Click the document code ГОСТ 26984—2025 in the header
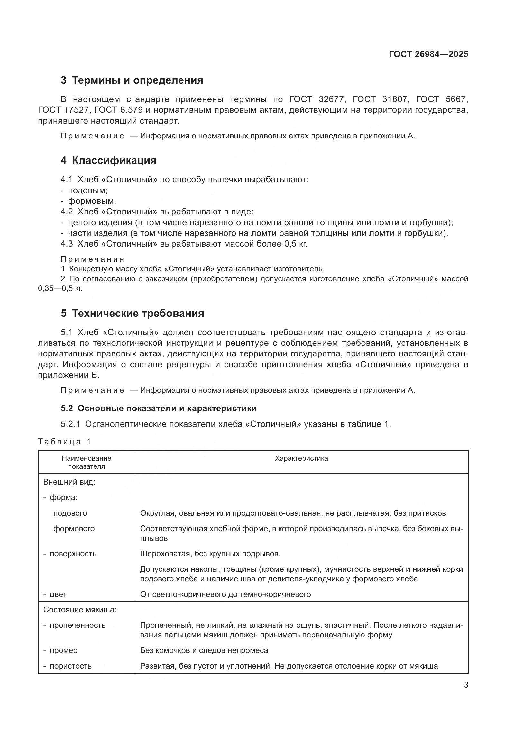428,54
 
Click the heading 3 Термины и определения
132,80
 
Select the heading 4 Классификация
108,160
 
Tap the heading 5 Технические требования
132,313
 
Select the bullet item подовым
87,190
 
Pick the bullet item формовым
92,201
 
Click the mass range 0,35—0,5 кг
60,288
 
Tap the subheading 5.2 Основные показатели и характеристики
159,408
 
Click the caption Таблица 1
64,441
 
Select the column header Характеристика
301,458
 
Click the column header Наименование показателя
87,462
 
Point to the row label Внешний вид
69,482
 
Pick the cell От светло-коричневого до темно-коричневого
225,594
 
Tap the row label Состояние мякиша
80,610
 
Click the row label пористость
70,666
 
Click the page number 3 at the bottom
466,685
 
